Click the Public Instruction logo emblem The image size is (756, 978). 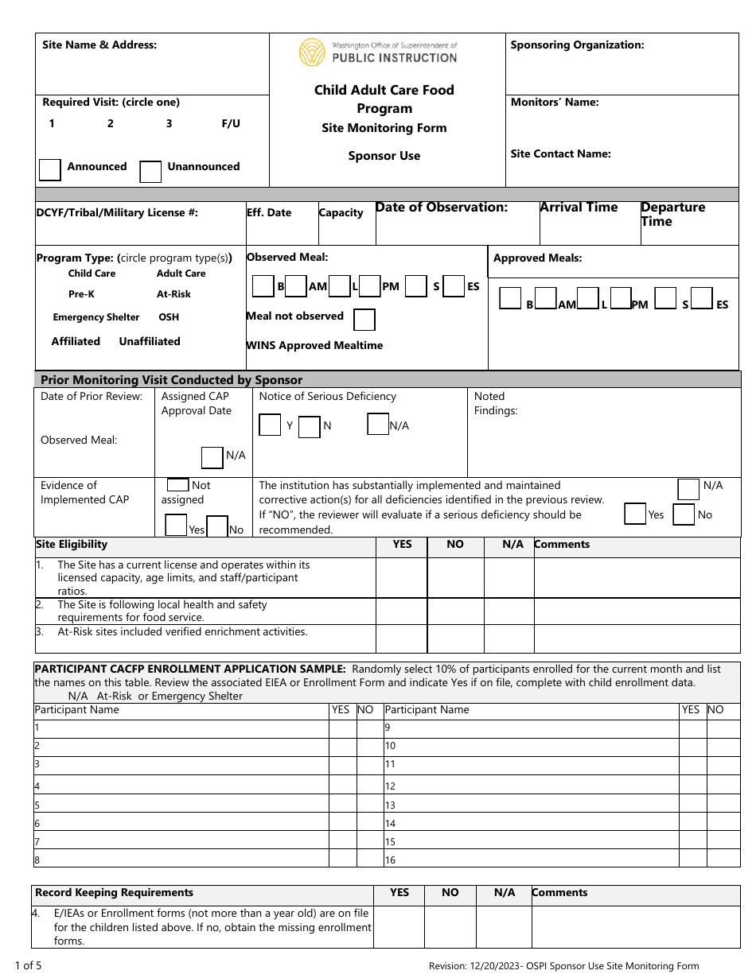coord(313,52)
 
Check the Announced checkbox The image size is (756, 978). coord(50,170)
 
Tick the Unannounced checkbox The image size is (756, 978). coord(150,171)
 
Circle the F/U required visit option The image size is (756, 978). coord(231,124)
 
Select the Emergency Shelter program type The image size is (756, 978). coord(96,317)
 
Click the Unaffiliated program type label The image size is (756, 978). coord(150,341)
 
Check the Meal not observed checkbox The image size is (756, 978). coord(364,320)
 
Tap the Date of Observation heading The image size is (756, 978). coord(441,208)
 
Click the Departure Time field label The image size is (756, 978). coord(672,214)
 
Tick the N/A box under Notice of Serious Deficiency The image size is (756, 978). coord(378,425)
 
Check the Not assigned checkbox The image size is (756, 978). coord(178,485)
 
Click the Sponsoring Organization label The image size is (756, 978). coord(577,45)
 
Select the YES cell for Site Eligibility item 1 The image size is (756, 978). coord(402,577)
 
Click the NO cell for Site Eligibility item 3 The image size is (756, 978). coord(454,638)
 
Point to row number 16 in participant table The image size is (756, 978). coord(390,860)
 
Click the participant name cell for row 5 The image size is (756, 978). coord(181,805)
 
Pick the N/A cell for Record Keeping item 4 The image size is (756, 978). coord(504,927)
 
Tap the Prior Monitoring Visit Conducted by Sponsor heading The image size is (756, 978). coord(171,380)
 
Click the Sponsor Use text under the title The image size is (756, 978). coord(384,156)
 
